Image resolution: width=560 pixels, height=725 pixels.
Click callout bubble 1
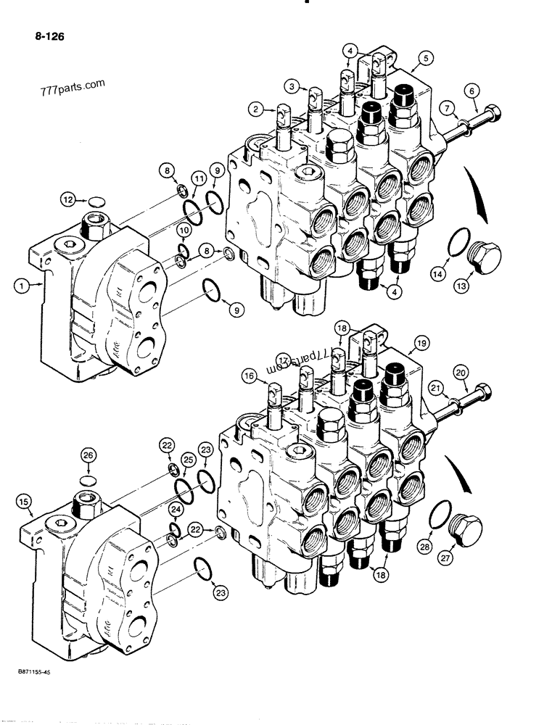coord(22,287)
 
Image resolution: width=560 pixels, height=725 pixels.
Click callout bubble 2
coord(255,109)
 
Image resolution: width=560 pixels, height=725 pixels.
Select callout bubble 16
coord(249,376)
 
